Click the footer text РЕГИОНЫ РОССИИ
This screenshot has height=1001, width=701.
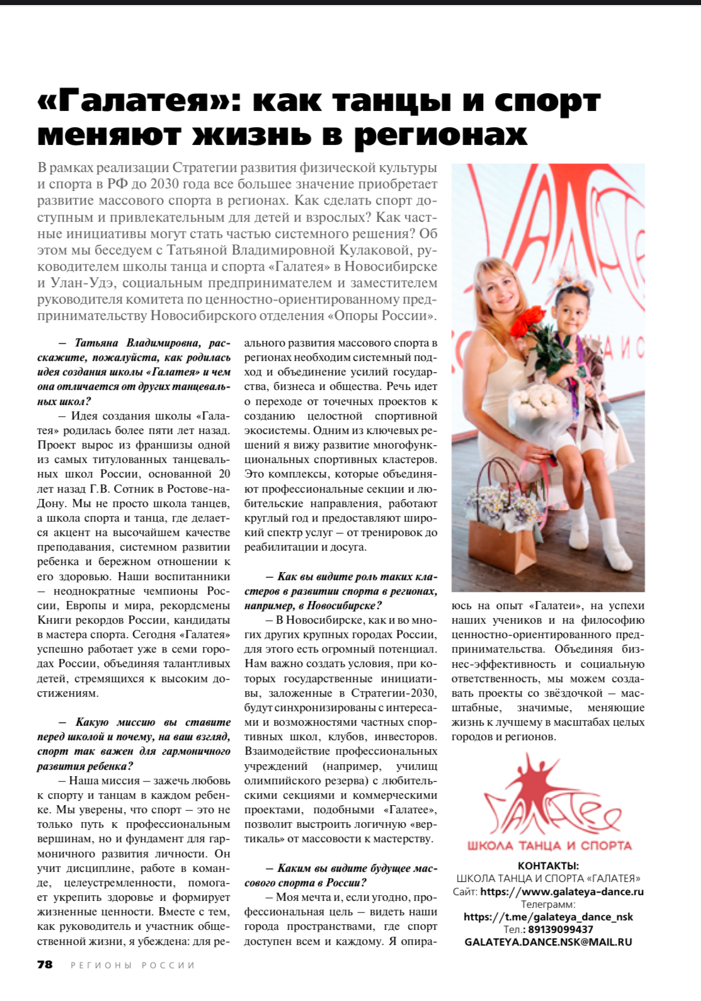(133, 965)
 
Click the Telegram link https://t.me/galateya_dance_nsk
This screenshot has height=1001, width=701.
(548, 917)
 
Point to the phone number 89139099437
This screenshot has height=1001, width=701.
(561, 929)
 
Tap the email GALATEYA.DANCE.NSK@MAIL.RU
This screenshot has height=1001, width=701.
(548, 942)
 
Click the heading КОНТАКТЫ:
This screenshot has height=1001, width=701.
(548, 866)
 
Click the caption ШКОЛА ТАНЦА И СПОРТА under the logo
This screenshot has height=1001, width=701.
(549, 845)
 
